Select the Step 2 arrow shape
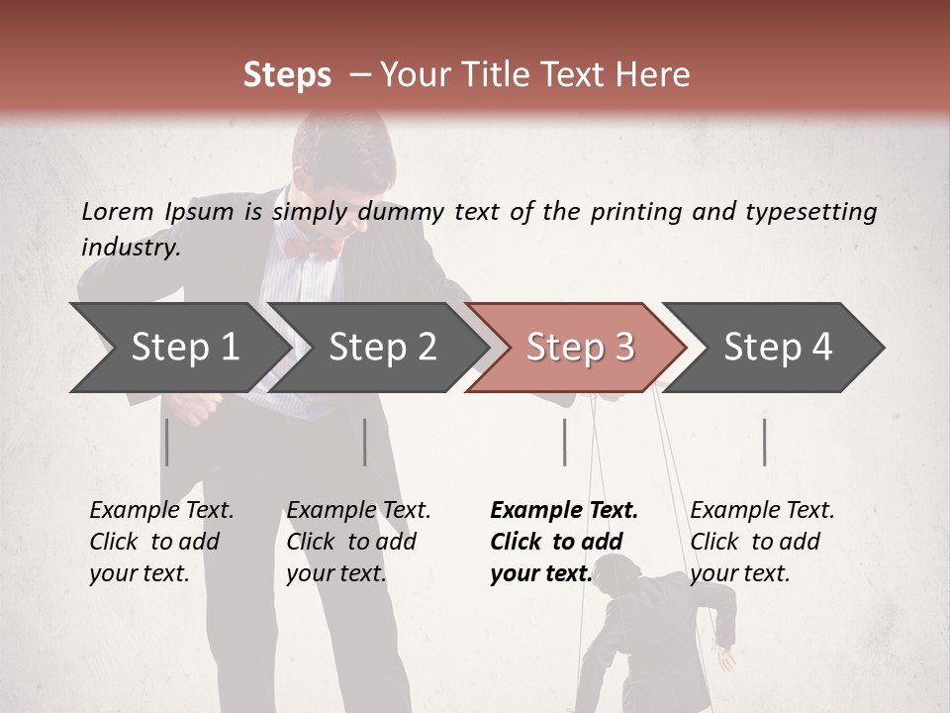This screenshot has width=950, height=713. pyautogui.click(x=381, y=348)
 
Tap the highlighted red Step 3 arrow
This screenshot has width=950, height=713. pyautogui.click(x=579, y=348)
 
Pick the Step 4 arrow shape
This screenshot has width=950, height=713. pyautogui.click(x=777, y=348)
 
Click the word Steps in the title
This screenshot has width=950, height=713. pyautogui.click(x=287, y=75)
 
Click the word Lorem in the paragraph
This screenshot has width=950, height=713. pyautogui.click(x=117, y=211)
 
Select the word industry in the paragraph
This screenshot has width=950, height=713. pyautogui.click(x=131, y=247)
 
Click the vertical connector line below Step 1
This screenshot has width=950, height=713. pyautogui.click(x=167, y=442)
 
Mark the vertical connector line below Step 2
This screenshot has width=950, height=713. pyautogui.click(x=365, y=442)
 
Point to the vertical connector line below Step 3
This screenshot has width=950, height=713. pyautogui.click(x=564, y=442)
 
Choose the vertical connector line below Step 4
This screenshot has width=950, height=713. pyautogui.click(x=764, y=442)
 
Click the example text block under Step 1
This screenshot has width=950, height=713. pyautogui.click(x=161, y=542)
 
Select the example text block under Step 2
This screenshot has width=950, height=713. pyautogui.click(x=358, y=542)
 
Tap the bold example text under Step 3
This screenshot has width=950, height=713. pyautogui.click(x=564, y=542)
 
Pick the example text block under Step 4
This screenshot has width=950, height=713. pyautogui.click(x=762, y=542)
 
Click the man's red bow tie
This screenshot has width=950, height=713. pyautogui.click(x=314, y=247)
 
